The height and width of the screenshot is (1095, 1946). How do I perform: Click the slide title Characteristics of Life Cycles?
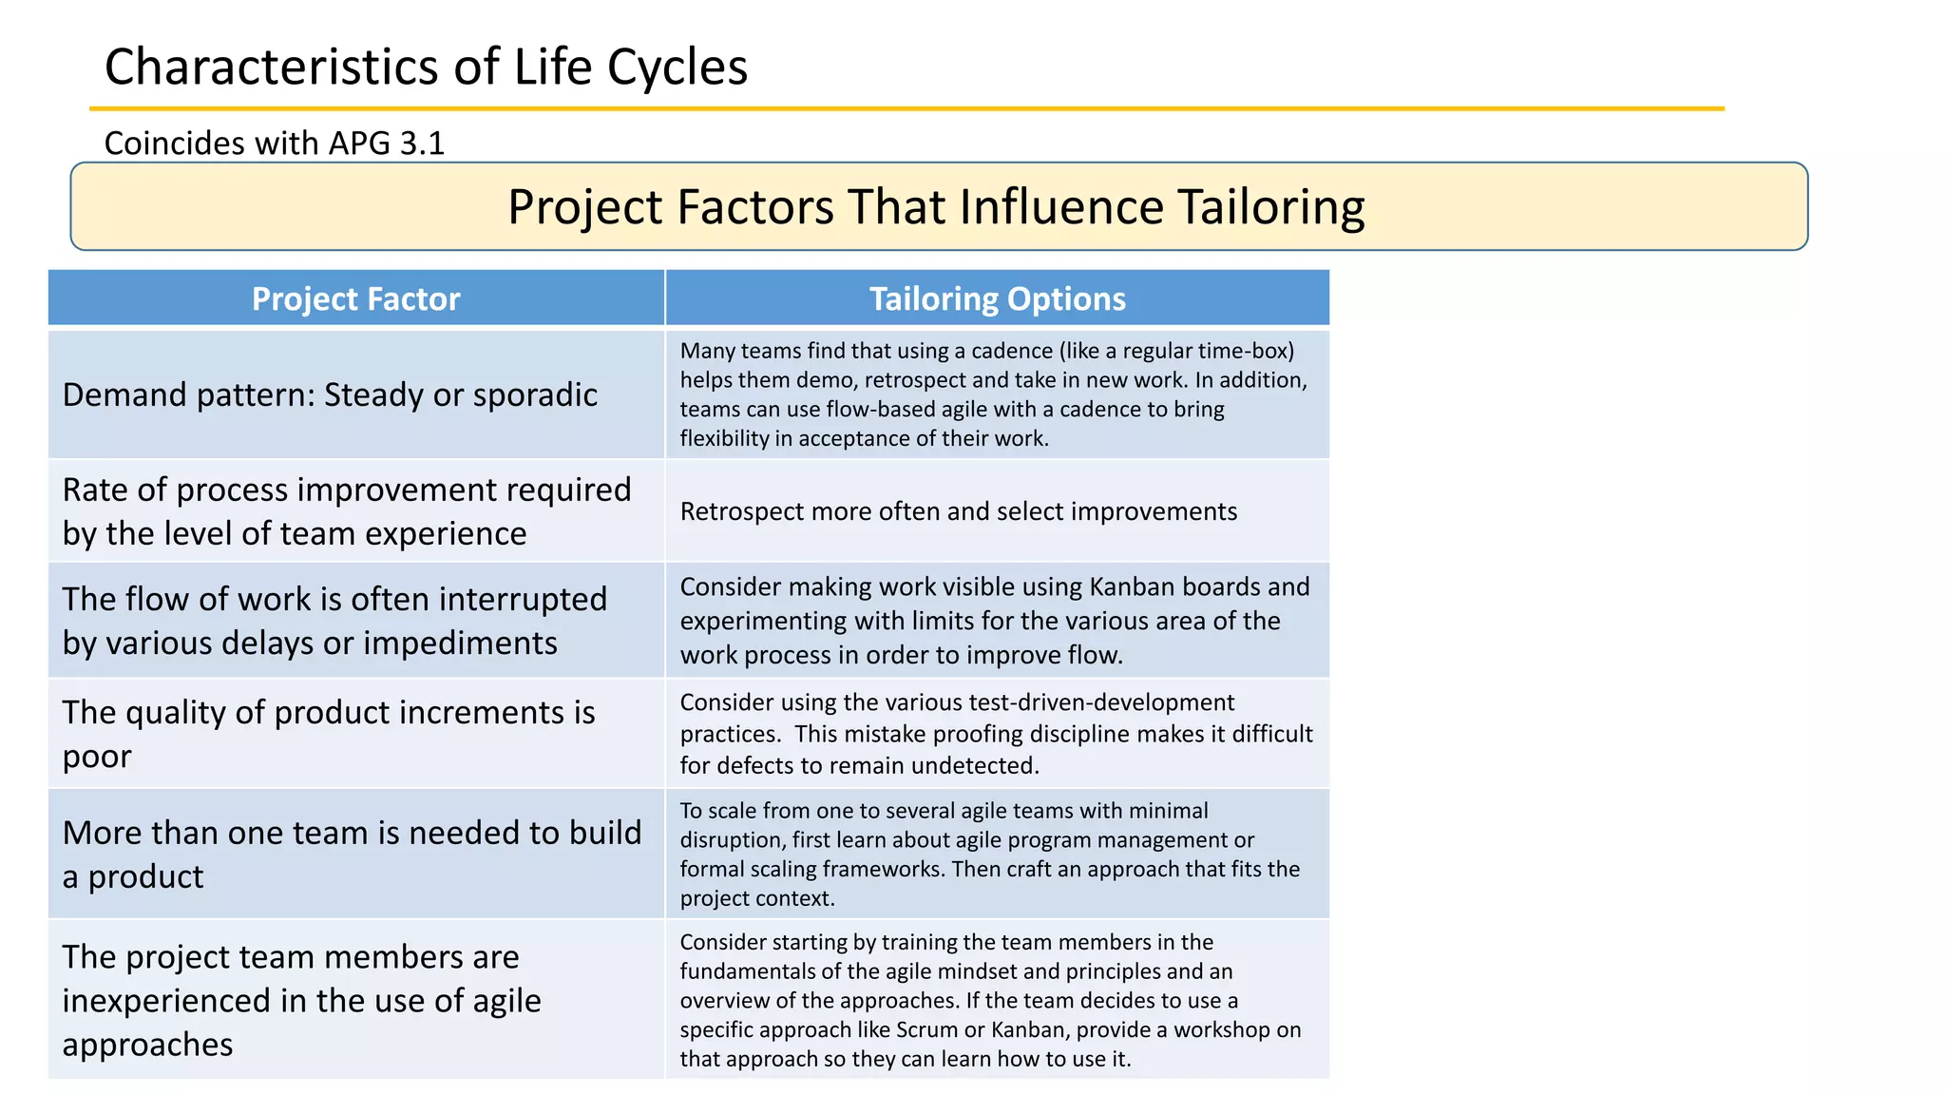pos(426,67)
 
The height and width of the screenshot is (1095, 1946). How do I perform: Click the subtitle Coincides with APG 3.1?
pos(274,143)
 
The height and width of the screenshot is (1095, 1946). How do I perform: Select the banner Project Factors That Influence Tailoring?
pos(937,206)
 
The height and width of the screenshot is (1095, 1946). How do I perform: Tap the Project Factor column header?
pos(355,298)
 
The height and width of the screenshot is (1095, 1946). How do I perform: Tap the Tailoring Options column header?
pos(997,298)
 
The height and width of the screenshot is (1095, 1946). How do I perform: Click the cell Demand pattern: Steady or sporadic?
pos(330,394)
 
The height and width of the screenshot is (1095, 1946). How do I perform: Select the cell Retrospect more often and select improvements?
pos(958,511)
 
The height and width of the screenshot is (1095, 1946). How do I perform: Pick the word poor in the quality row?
pos(97,757)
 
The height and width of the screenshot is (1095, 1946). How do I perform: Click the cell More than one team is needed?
pos(352,854)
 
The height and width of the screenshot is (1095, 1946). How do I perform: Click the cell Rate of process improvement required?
pos(346,511)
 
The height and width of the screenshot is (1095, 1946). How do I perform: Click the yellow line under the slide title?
pos(906,109)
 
